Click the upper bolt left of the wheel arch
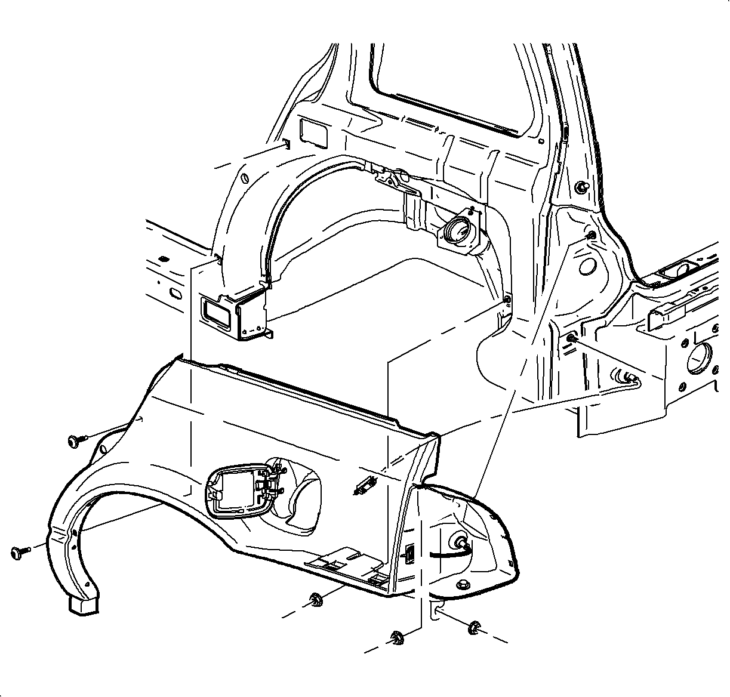tap(75, 441)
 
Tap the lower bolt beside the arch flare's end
tap(19, 552)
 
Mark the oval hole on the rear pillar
tap(586, 266)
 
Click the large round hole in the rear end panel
tap(697, 358)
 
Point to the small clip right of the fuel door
tap(364, 486)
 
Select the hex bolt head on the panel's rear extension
tap(461, 541)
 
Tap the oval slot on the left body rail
tap(175, 294)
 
